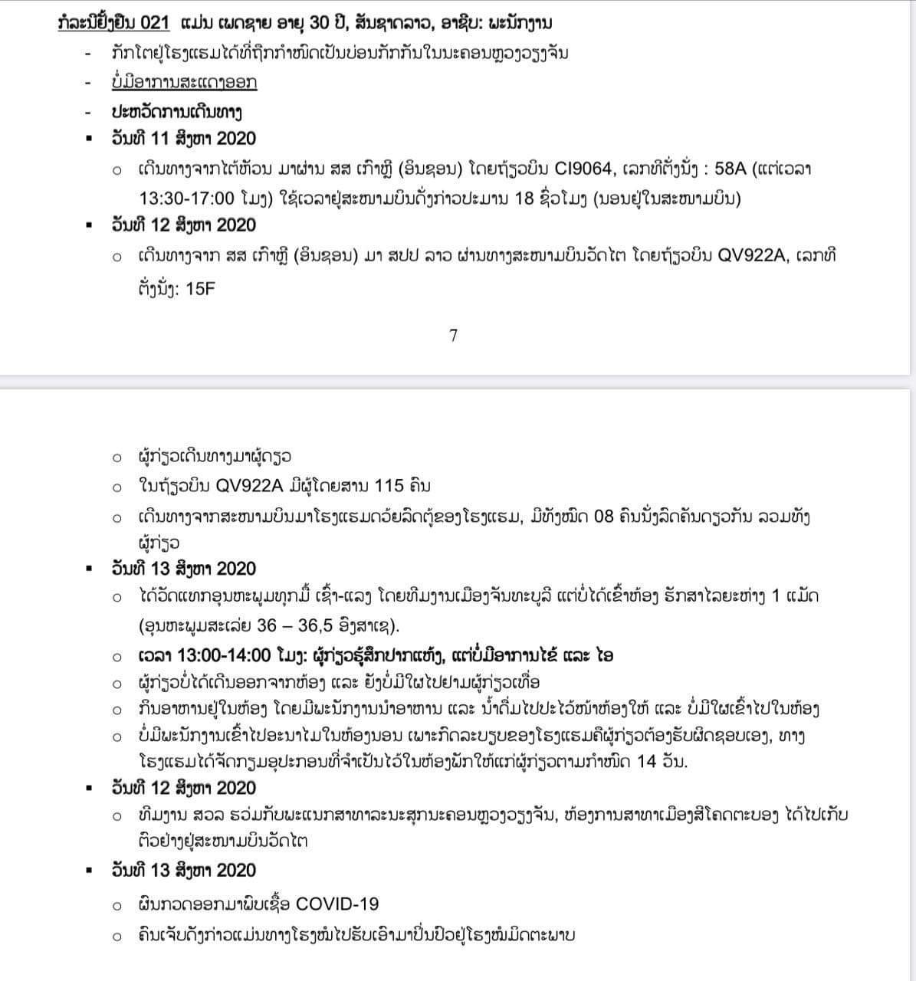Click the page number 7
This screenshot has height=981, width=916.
[453, 335]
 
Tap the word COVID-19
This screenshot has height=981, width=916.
[337, 904]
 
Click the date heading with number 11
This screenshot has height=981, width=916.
[183, 139]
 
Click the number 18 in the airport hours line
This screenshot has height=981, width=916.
[525, 198]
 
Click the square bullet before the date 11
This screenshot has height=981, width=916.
[90, 139]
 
